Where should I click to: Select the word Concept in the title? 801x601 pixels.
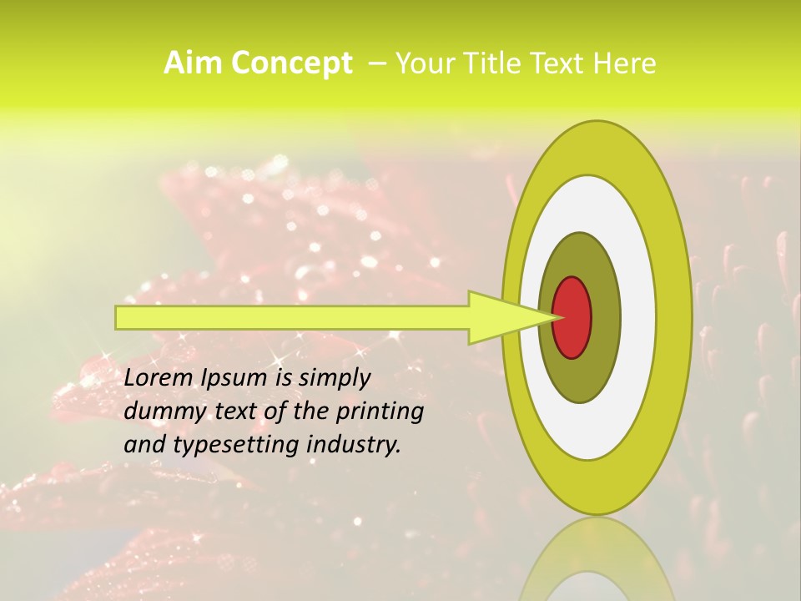pos(292,64)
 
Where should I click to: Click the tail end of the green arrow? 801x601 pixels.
pos(119,317)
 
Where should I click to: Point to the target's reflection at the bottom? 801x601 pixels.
pos(596,563)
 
